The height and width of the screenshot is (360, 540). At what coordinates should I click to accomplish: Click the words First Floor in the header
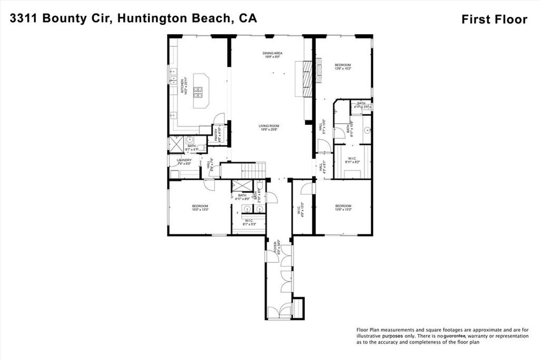494,20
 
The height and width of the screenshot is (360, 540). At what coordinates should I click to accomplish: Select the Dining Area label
273,53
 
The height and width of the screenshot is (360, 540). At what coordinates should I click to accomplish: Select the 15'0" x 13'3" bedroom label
200,208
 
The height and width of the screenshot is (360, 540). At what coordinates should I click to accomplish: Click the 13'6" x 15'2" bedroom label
343,66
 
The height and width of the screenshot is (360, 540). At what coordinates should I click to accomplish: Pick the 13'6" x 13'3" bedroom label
343,208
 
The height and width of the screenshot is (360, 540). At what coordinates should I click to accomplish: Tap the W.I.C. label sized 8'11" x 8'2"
352,160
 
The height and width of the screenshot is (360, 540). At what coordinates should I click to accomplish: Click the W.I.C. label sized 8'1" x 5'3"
248,222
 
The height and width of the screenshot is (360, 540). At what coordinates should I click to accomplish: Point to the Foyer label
275,247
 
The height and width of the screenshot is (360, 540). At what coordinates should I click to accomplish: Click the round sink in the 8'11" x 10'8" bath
368,130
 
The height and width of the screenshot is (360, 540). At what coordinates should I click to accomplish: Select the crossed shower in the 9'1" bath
176,143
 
